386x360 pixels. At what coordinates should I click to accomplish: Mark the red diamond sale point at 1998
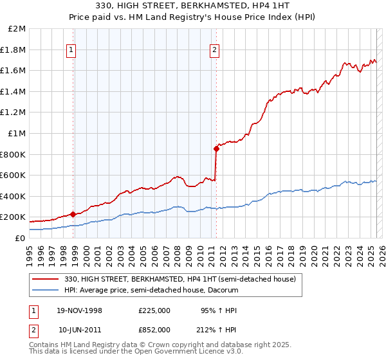73,215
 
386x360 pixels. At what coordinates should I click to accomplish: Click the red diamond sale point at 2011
216,149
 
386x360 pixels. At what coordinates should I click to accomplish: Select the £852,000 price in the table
154,329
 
